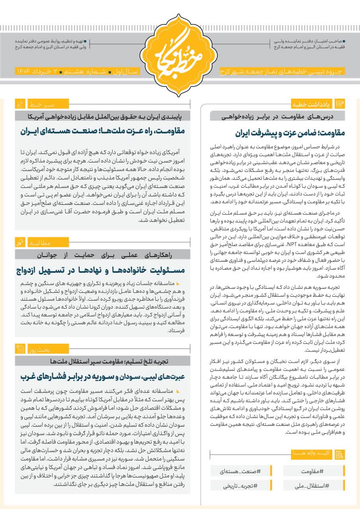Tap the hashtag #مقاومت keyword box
point(314,471)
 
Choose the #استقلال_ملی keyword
point(314,486)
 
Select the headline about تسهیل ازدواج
point(102,270)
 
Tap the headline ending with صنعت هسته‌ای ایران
point(102,131)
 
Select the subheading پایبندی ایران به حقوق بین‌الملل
point(102,117)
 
